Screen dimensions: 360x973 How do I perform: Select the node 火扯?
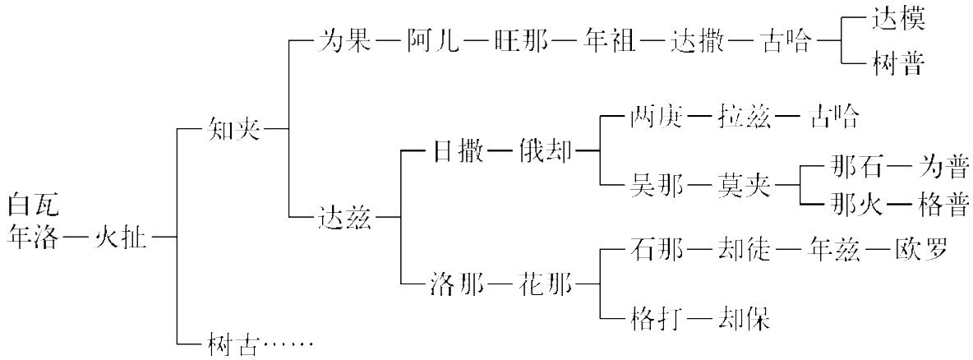click(x=121, y=236)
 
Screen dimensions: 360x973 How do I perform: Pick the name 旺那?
click(x=522, y=41)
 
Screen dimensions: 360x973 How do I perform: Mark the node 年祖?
click(x=609, y=41)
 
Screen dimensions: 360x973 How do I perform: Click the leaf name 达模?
click(x=898, y=19)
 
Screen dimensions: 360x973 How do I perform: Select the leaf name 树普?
click(x=898, y=63)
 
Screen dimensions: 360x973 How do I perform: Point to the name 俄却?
click(x=545, y=153)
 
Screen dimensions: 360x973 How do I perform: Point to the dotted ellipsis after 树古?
click(x=288, y=345)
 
